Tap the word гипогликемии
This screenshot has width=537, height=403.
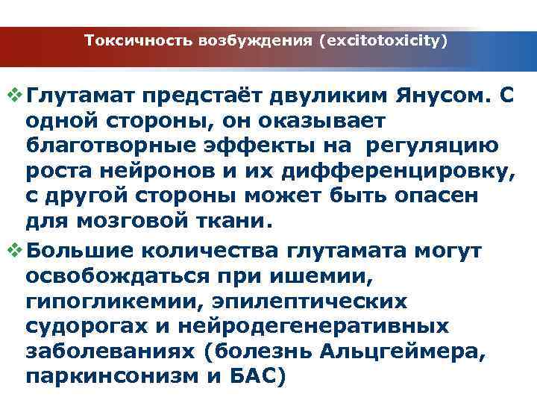(112, 302)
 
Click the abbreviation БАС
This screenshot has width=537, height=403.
(257, 377)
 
